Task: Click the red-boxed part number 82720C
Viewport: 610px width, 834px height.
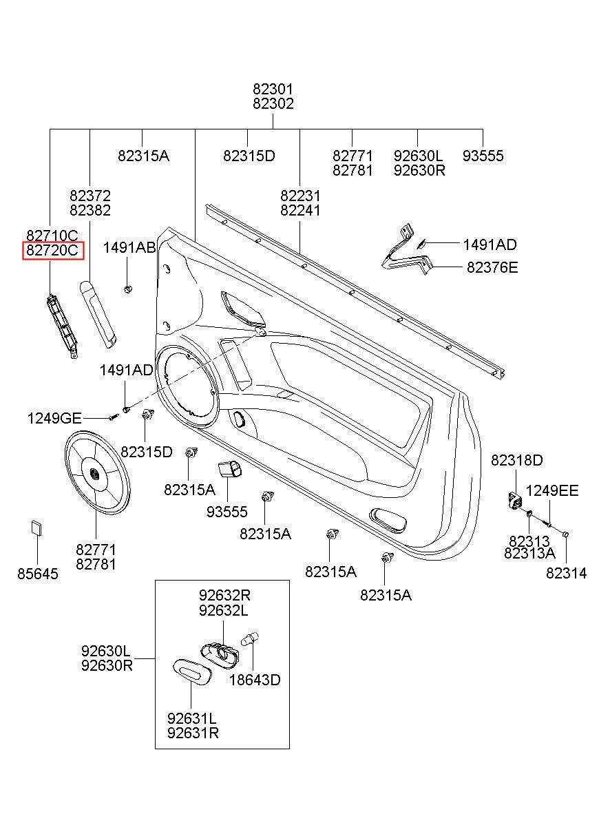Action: (52, 250)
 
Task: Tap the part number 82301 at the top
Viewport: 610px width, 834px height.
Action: (273, 89)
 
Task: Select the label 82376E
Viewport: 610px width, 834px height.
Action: (492, 267)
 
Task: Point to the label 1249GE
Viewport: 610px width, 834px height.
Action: (54, 419)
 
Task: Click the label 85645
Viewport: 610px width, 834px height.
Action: (38, 574)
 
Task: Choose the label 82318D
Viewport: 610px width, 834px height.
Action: (517, 460)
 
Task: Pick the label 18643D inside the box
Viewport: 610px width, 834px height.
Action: (255, 680)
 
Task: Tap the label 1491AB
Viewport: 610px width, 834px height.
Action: (129, 248)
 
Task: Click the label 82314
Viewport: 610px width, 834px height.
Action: (566, 573)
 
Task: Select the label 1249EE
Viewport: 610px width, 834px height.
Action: (552, 491)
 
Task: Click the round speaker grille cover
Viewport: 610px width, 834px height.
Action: (97, 472)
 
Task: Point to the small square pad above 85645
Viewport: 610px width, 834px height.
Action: (36, 528)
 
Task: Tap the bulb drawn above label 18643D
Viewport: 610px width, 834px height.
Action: (250, 639)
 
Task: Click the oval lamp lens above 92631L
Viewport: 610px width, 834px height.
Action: (192, 672)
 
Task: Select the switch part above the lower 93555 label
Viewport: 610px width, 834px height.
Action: (229, 469)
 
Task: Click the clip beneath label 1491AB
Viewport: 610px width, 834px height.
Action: (127, 289)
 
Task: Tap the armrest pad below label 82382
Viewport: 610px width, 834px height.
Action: (98, 314)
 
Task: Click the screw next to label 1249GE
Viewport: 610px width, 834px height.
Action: (114, 417)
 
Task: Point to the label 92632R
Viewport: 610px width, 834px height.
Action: (224, 595)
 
